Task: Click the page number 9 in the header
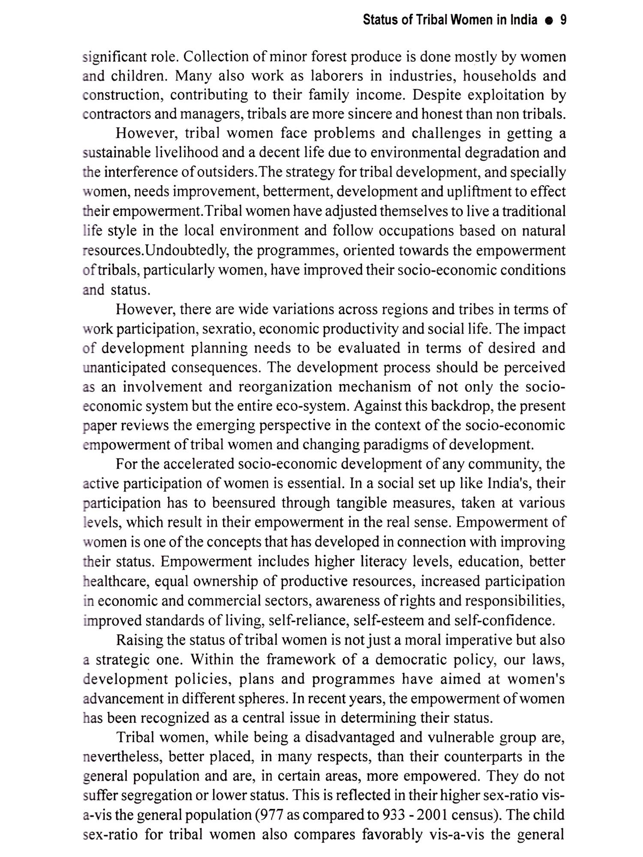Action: [563, 20]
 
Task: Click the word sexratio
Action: [228, 329]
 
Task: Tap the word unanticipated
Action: [123, 367]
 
